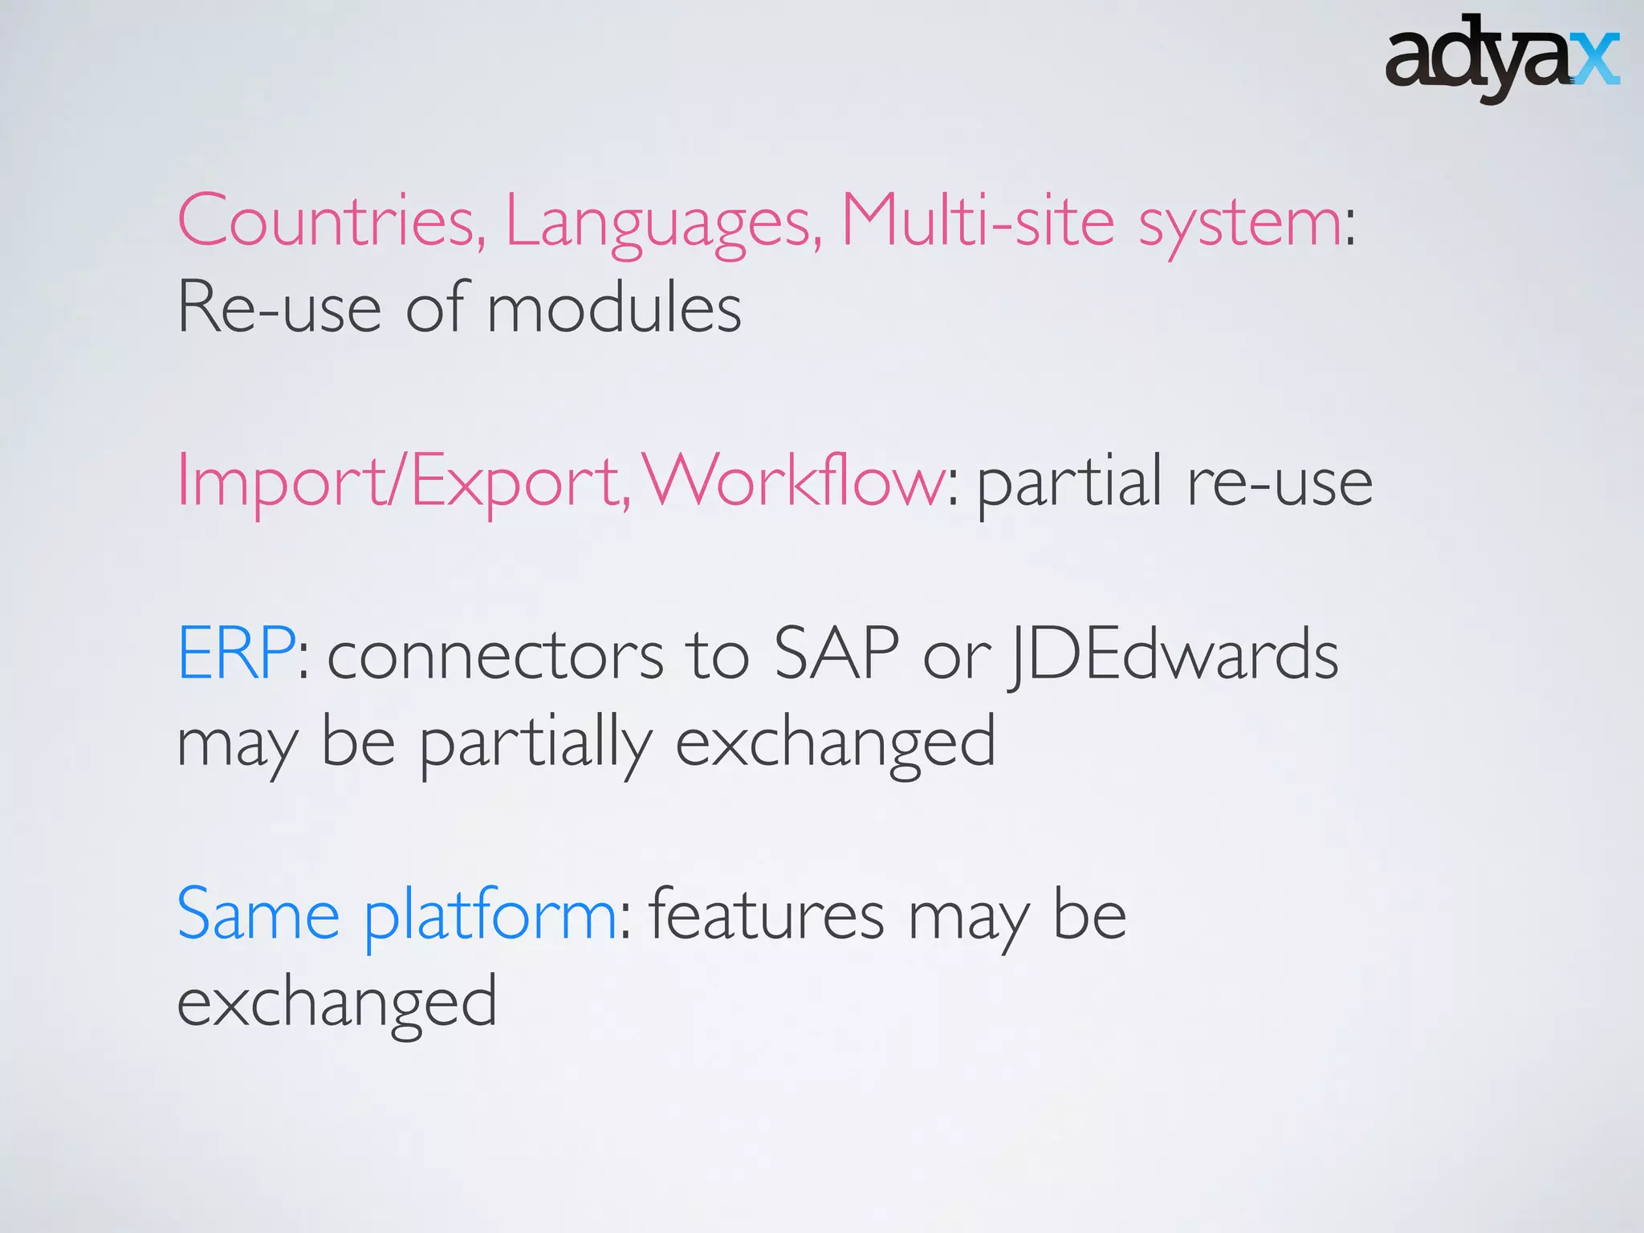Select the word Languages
(663, 223)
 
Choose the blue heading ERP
(236, 653)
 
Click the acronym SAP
(836, 653)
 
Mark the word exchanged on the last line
(337, 1003)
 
